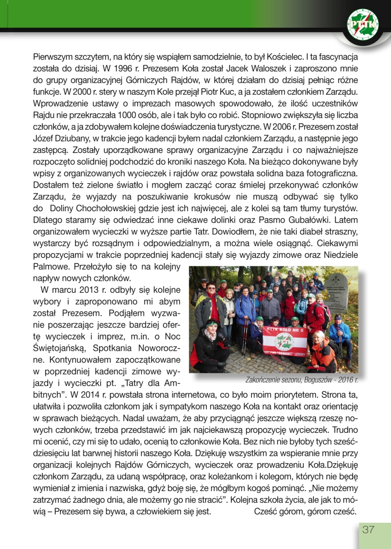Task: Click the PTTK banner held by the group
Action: (x=284, y=339)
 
